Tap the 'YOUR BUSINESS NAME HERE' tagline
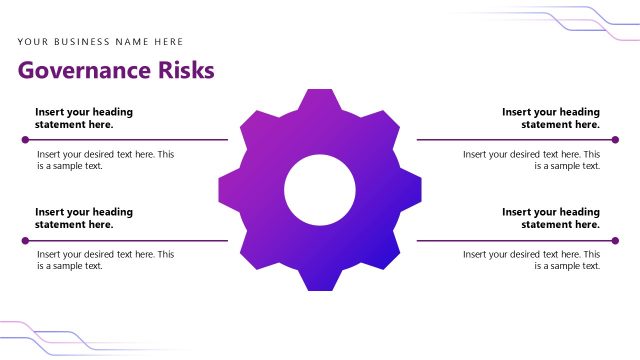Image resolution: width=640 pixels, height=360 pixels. (x=100, y=42)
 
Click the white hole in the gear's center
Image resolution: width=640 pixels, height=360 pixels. (x=320, y=190)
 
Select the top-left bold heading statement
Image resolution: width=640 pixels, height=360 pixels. (x=84, y=119)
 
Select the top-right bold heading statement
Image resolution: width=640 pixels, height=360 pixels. (x=551, y=119)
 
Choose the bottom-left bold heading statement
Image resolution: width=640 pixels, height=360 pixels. (x=84, y=218)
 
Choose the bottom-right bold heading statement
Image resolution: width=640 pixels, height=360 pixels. (x=551, y=218)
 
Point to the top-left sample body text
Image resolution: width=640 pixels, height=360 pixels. (x=105, y=160)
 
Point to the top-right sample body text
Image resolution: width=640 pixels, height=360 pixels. (x=532, y=160)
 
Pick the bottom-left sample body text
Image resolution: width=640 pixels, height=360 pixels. (x=105, y=260)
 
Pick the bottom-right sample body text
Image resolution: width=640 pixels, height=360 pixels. (x=532, y=260)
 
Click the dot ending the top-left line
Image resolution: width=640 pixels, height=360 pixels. (x=25, y=140)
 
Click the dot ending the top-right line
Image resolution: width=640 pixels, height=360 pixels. (x=615, y=140)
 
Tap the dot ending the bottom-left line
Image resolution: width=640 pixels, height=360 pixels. (x=25, y=240)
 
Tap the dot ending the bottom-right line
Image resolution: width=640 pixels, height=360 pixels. (x=615, y=240)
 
